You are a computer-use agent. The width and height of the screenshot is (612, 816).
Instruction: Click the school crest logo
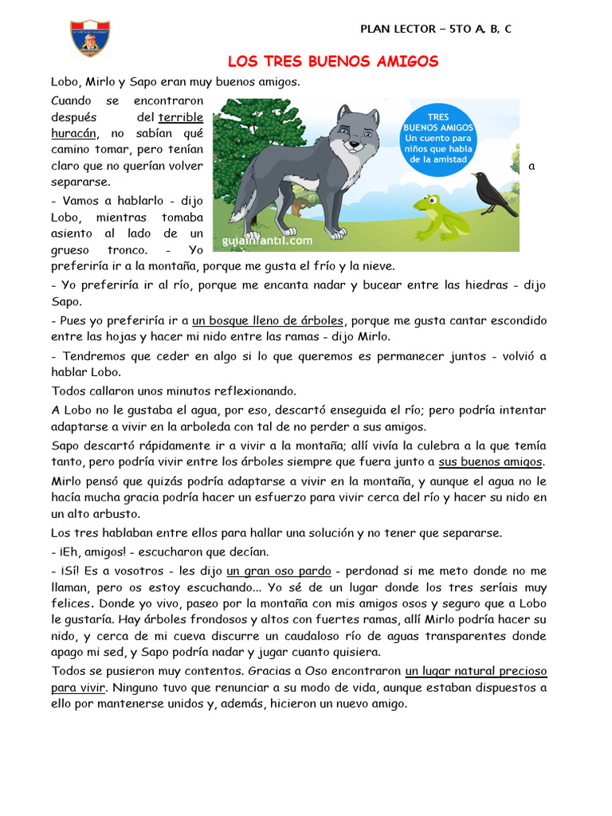point(91,38)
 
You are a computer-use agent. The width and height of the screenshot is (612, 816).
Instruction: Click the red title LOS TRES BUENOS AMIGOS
point(333,61)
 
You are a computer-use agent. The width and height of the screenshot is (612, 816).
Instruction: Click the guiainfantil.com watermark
point(265,238)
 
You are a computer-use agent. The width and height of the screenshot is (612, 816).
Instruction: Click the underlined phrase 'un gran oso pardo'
point(277,571)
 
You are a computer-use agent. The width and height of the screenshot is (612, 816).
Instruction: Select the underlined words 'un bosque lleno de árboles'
point(268,320)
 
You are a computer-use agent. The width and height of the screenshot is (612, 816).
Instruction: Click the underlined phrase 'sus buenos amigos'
point(491,461)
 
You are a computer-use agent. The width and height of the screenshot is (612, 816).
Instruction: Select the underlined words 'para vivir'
point(78,686)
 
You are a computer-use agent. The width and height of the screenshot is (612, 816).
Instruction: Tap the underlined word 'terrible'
point(181,117)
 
